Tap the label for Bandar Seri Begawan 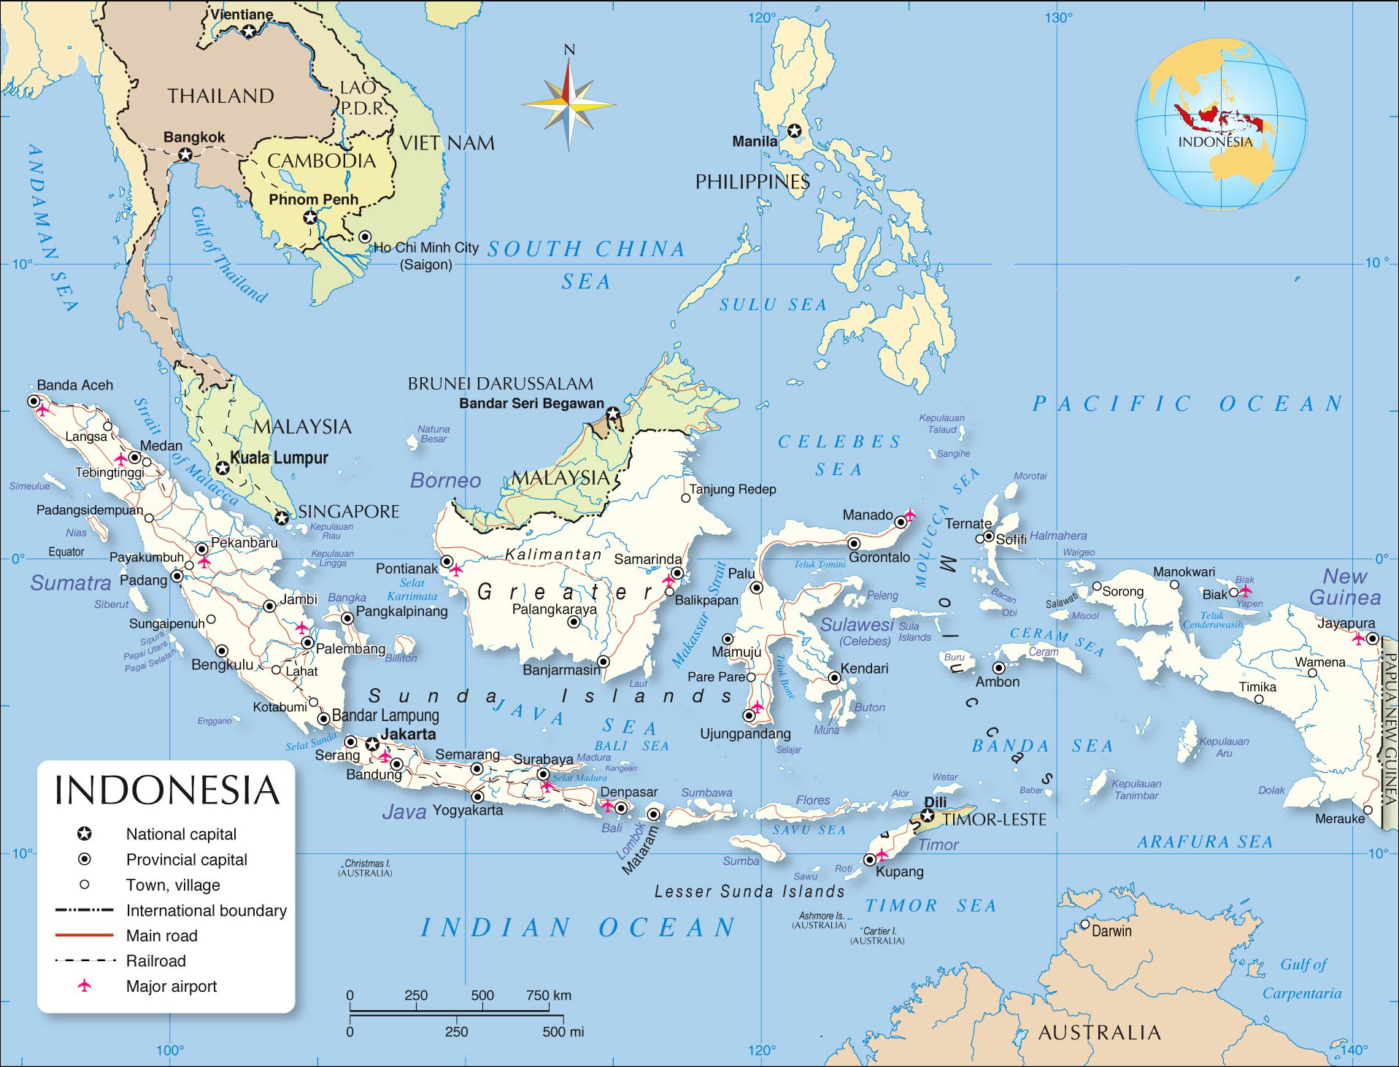[x=531, y=404]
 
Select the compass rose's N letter [x=569, y=50]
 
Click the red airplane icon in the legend [x=85, y=986]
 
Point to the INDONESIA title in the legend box [x=167, y=790]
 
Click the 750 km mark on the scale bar [x=549, y=995]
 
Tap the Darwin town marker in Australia [x=1084, y=925]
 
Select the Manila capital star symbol [x=794, y=131]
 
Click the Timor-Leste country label [x=994, y=820]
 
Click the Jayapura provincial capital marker [x=1372, y=639]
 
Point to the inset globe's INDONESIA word [x=1215, y=142]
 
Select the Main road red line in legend [x=85, y=935]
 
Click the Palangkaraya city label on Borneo [x=554, y=609]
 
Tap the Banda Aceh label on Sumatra [x=75, y=385]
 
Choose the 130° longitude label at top [x=1057, y=18]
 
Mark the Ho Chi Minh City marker [x=365, y=237]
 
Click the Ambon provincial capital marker [x=998, y=668]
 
